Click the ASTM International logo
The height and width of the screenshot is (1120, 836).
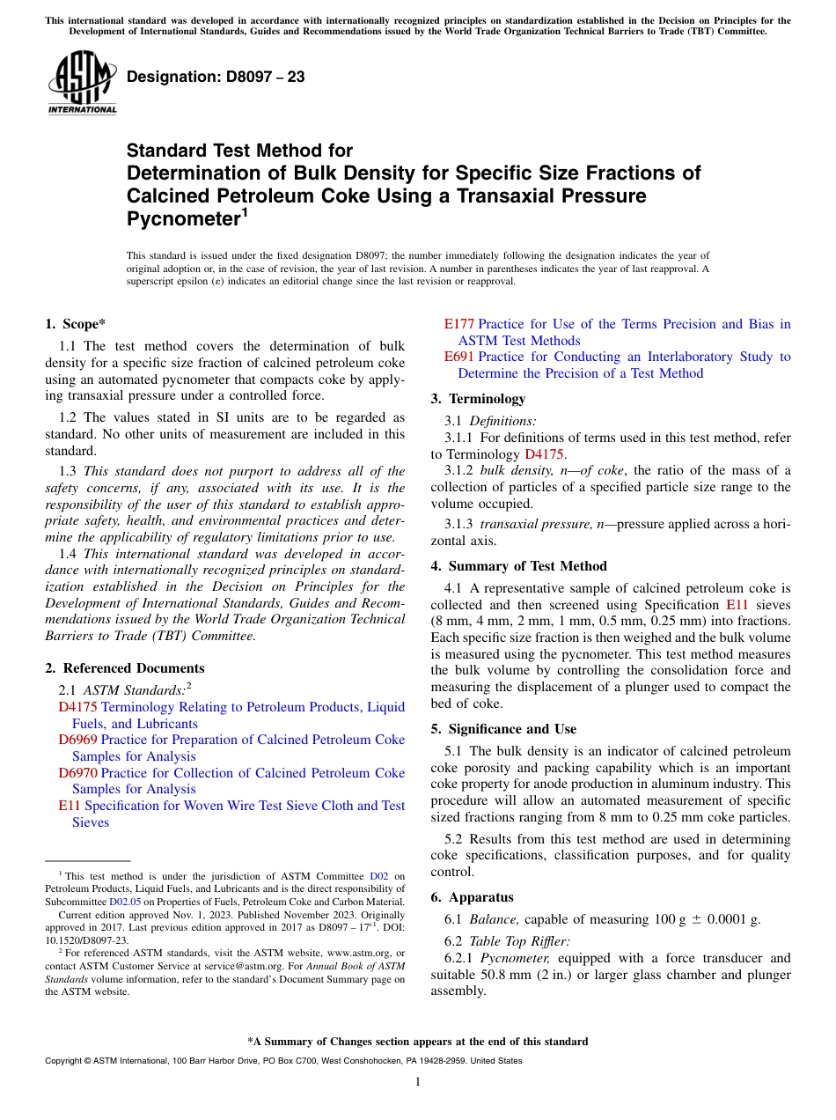(x=82, y=83)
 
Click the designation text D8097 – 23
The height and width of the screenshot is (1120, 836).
(x=216, y=77)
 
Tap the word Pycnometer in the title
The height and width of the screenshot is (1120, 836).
(x=182, y=219)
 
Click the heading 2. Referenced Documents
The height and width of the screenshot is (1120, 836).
(x=125, y=668)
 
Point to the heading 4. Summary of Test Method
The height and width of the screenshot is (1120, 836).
(x=518, y=566)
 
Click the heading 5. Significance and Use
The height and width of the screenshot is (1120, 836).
(x=503, y=729)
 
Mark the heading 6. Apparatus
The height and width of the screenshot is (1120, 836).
(x=472, y=897)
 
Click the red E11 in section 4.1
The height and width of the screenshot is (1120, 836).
(x=737, y=605)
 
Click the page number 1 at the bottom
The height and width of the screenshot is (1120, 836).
(x=418, y=1081)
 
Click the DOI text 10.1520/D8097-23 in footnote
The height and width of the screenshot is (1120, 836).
(x=86, y=939)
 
